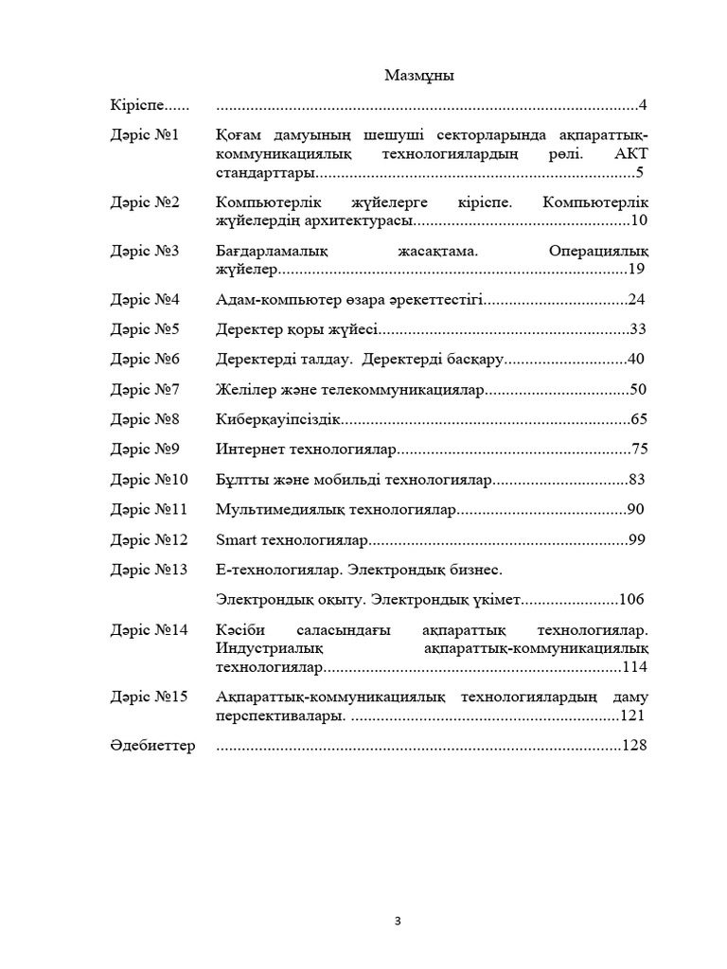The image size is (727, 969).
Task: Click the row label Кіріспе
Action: point(137,105)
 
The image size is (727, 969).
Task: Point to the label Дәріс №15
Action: point(149,696)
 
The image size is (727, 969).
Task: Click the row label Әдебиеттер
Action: point(152,746)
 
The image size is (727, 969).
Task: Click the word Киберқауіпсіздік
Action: point(277,419)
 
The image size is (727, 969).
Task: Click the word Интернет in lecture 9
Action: point(249,449)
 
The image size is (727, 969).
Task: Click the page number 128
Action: point(633,746)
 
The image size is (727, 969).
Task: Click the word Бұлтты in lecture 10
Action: point(240,480)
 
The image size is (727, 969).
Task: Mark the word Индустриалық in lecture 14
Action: point(270,648)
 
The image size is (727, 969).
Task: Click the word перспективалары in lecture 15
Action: point(278,715)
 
